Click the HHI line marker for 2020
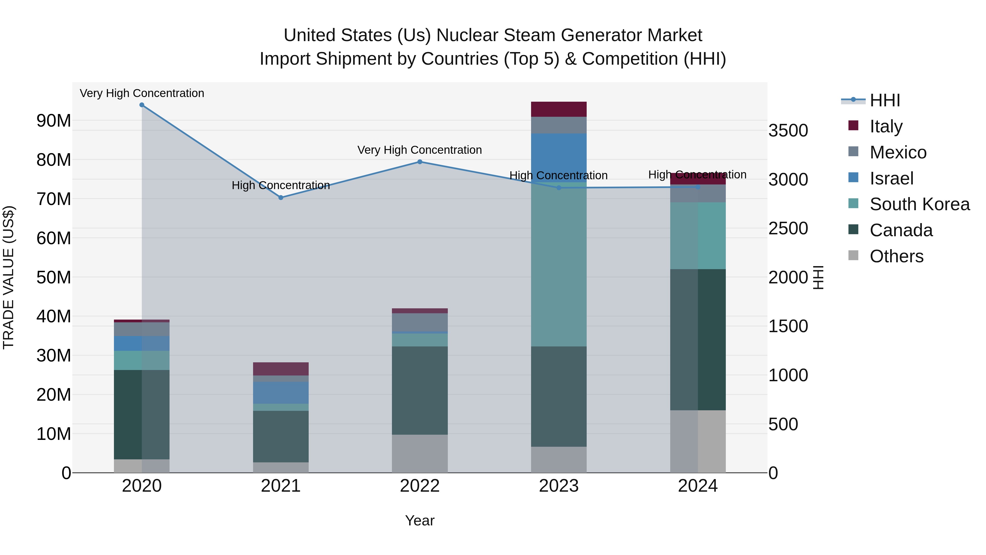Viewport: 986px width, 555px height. (x=142, y=105)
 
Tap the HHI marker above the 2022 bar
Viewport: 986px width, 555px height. (x=420, y=162)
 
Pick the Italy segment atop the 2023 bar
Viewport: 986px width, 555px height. (x=558, y=109)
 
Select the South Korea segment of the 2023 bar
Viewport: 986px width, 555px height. (x=558, y=268)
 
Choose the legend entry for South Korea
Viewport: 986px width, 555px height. (x=919, y=204)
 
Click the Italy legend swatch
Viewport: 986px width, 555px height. (x=853, y=126)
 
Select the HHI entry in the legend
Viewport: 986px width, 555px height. (x=884, y=100)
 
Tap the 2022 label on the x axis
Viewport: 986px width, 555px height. (x=420, y=486)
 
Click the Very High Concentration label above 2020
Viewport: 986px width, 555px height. (x=142, y=93)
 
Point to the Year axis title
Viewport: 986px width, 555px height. (x=420, y=520)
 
